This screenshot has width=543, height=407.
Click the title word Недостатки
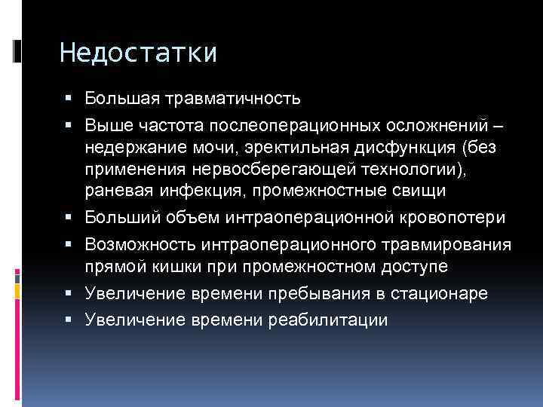pyautogui.click(x=137, y=54)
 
